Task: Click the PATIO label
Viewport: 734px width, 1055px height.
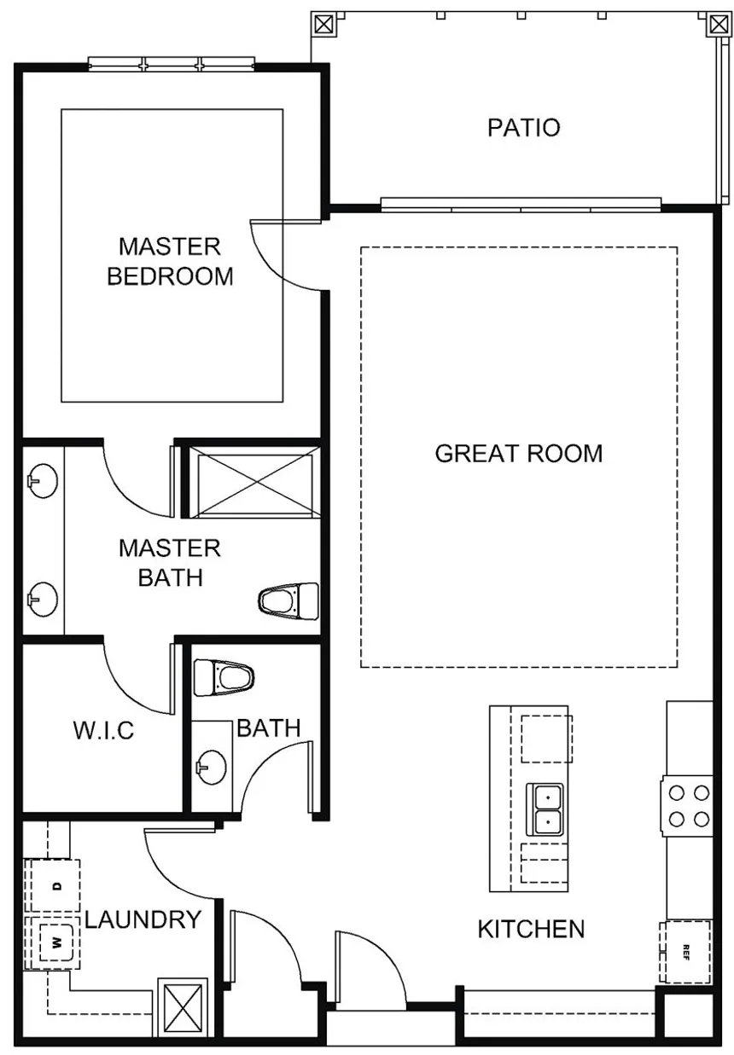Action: click(x=523, y=128)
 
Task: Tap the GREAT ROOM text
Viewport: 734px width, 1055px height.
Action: click(x=519, y=453)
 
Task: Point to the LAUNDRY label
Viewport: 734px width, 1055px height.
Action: click(x=143, y=919)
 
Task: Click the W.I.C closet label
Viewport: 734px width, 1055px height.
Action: click(x=104, y=731)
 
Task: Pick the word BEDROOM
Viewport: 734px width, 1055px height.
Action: click(x=170, y=276)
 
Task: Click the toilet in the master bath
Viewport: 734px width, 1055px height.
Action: click(x=288, y=601)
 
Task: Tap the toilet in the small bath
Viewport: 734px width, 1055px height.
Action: click(x=224, y=678)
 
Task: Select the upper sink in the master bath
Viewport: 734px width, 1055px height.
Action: click(x=43, y=481)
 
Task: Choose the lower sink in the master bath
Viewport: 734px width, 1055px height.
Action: click(x=43, y=600)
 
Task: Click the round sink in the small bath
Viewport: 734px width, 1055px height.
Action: click(x=211, y=768)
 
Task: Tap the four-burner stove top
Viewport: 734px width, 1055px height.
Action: click(x=688, y=806)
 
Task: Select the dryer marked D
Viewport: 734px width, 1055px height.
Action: click(x=55, y=886)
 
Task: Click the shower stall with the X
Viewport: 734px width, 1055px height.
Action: click(x=254, y=481)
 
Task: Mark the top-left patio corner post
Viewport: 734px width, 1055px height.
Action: click(x=323, y=24)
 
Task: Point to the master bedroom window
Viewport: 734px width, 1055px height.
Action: click(x=172, y=64)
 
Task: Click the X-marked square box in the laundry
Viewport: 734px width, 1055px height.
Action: click(x=182, y=1015)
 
